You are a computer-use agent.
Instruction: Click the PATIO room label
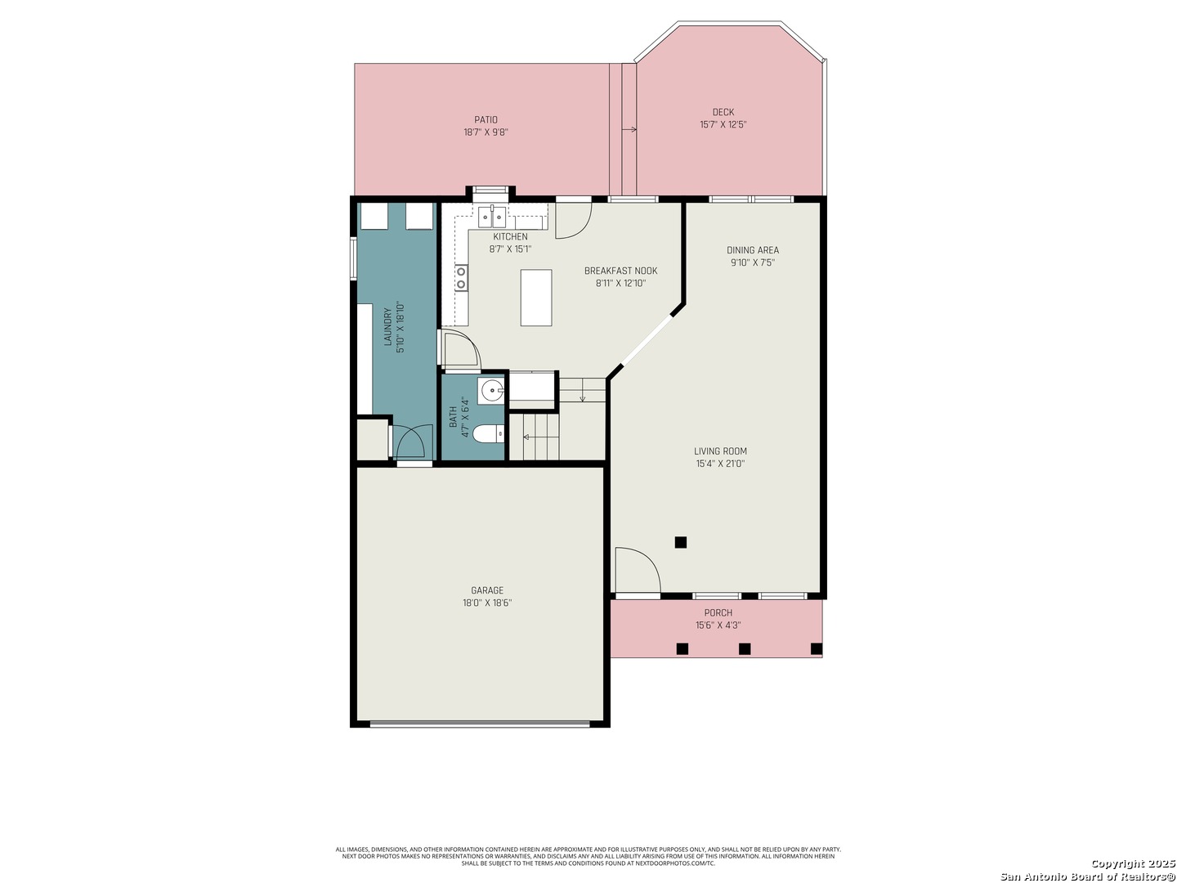[486, 119]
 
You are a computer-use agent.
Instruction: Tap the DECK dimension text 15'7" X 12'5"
[723, 124]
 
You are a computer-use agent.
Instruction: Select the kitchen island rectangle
[535, 298]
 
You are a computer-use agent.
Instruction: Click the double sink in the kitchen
[492, 217]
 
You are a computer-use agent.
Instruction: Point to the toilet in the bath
[488, 433]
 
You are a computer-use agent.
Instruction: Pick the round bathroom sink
[490, 391]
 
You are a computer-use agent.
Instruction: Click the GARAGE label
[487, 590]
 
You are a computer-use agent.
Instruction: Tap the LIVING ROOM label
[720, 450]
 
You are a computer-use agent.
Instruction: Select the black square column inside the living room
[681, 542]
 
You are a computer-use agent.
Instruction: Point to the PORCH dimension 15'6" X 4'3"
[718, 625]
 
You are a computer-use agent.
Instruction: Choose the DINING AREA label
[752, 250]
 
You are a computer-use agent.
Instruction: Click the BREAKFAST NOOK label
[620, 271]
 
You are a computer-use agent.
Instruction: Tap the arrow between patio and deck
[629, 129]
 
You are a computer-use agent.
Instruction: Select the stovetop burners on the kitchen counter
[461, 278]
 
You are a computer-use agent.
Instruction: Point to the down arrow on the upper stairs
[583, 396]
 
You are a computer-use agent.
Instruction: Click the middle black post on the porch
[745, 648]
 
